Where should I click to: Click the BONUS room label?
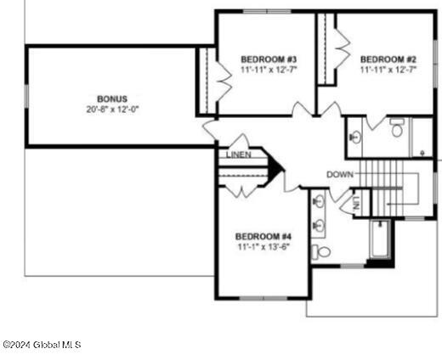click(x=111, y=99)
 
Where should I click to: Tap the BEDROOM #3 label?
click(x=268, y=59)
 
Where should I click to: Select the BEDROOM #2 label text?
click(x=388, y=59)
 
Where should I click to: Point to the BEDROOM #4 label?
click(x=263, y=235)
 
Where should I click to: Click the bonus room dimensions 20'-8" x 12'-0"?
click(x=111, y=110)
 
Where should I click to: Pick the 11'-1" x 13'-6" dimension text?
click(x=263, y=246)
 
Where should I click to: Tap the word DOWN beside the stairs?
click(x=340, y=174)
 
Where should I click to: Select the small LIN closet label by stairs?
click(x=355, y=204)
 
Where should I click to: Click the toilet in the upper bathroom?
click(x=397, y=129)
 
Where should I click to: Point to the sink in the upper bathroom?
click(x=356, y=136)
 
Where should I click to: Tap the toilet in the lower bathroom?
click(x=321, y=251)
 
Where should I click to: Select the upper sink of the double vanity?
click(x=319, y=202)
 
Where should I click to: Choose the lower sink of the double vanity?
click(x=319, y=225)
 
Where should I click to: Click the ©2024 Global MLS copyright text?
click(x=42, y=345)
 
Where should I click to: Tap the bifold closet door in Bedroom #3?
click(x=222, y=81)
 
